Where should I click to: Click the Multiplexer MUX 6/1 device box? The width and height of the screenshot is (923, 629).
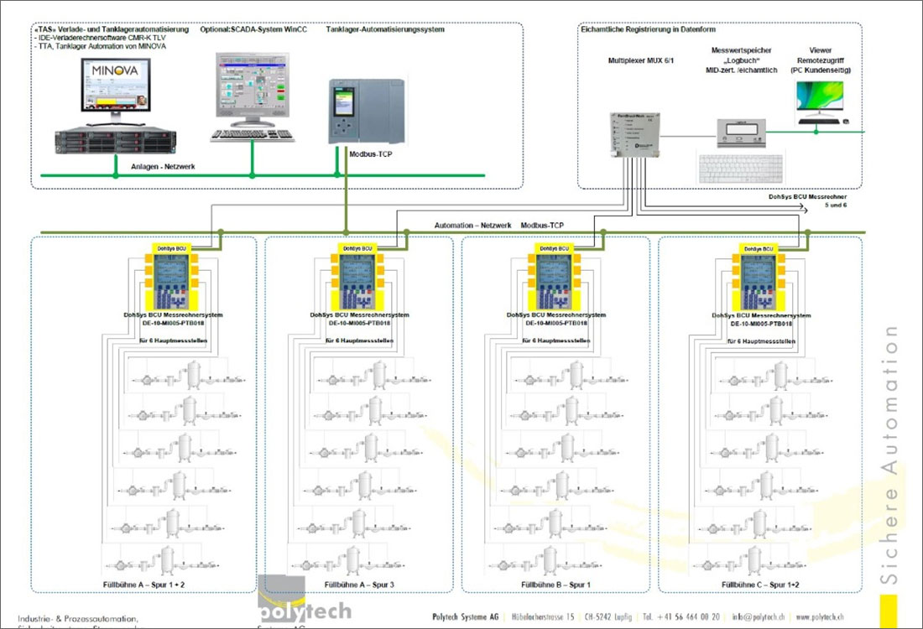[x=637, y=133]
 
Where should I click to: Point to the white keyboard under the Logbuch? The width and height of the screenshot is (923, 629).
[x=739, y=168]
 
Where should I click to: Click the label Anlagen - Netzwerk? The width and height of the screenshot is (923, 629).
[x=163, y=167]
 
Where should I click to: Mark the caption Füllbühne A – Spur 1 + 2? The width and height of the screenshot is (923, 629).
[x=143, y=583]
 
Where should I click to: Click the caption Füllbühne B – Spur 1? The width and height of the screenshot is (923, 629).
[x=555, y=583]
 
